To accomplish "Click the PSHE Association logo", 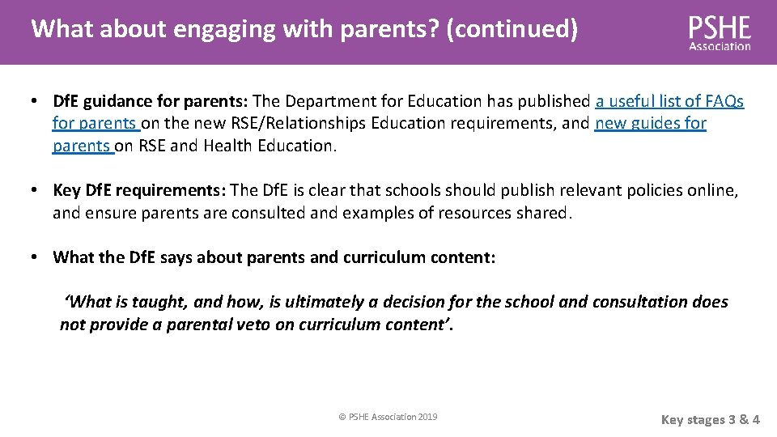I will click(x=720, y=33).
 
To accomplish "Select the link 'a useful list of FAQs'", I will click(x=669, y=101).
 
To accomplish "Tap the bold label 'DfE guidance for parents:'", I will click(x=151, y=101).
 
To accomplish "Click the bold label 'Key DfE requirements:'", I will click(x=139, y=190).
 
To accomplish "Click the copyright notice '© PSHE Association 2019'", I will click(x=388, y=417).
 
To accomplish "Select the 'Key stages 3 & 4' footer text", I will click(x=710, y=419).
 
